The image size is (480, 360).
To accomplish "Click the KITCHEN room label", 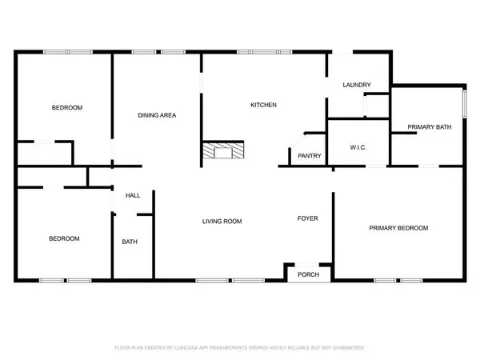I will point(263,106).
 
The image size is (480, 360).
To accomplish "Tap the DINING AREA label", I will point(157,115).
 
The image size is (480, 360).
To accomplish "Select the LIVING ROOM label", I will point(221,222).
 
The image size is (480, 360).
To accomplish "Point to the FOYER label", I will point(308,218).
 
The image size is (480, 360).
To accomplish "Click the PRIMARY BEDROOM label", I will point(398,228).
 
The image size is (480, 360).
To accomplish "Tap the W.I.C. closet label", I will point(358,147).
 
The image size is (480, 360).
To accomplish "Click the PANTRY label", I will point(309,157).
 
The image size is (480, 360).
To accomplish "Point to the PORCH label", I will point(308,274).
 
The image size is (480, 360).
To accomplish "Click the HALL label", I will point(132,195).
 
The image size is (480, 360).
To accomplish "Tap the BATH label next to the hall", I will point(129,242).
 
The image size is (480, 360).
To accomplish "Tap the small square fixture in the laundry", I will point(374,105).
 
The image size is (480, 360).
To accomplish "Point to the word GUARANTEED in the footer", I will point(347,348).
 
